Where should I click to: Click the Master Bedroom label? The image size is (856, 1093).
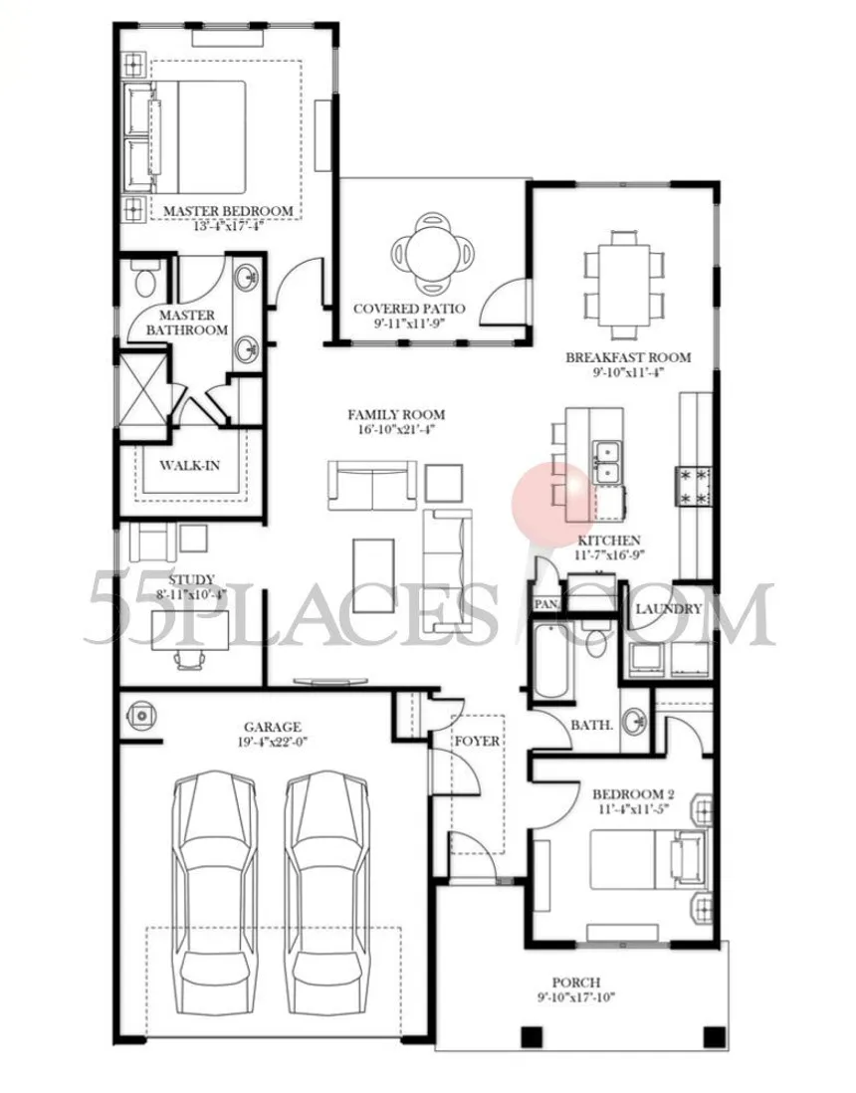pos(228,210)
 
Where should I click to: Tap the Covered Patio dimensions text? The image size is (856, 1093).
pos(409,324)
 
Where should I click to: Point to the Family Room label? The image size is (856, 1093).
pos(396,415)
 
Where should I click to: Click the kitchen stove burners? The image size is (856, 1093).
pos(693,487)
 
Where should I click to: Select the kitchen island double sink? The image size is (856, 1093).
pos(607,462)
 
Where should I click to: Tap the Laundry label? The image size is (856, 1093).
pos(669,609)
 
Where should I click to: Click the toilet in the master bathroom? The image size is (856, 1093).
pos(145,284)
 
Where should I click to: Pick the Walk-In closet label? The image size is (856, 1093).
pos(189,465)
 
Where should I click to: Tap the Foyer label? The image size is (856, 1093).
pos(478,741)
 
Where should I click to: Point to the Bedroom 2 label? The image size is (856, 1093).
pos(633,794)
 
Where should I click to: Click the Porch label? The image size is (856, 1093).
pos(576,983)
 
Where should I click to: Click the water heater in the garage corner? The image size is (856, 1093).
pos(141,716)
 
